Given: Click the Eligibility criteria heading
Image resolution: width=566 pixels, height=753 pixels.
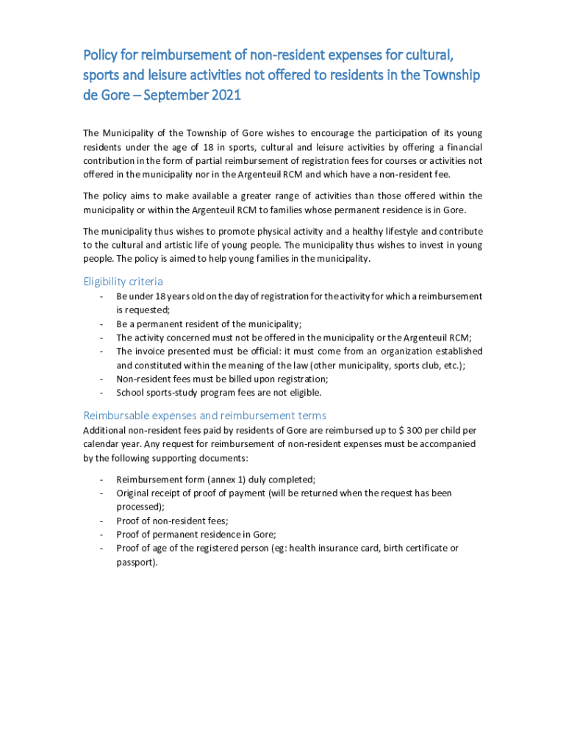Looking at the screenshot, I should coord(123,282).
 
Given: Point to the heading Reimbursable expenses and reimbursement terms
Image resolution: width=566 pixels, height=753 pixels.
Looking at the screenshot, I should coord(205,415).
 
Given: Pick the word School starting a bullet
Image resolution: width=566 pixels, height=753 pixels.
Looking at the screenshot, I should coord(129,393).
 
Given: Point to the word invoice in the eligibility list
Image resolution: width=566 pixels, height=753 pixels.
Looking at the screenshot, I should coord(149,351).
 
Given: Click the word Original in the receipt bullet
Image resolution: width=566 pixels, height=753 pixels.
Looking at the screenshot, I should coord(133,493).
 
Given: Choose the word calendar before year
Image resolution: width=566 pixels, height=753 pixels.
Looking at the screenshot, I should coord(101,444).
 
